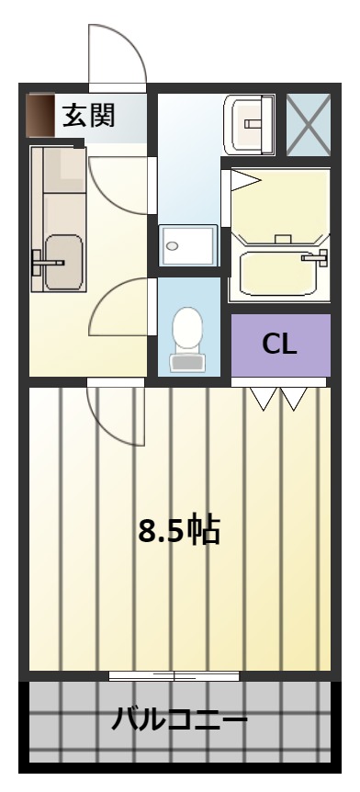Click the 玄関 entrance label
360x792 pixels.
[x=89, y=115]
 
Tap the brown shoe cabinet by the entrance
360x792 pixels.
[x=40, y=115]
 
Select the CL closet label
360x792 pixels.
[x=279, y=345]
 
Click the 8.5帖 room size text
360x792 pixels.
[x=179, y=530]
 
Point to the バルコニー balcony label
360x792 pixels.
[x=179, y=718]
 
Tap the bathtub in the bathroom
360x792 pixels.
[x=278, y=272]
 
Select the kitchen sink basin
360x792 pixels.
[x=63, y=263]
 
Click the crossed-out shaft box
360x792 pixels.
[x=309, y=125]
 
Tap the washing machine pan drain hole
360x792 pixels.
[x=173, y=246]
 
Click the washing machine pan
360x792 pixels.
[x=188, y=245]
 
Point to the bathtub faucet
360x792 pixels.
[x=315, y=257]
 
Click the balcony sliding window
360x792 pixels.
[x=174, y=676]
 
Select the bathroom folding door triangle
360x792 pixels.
[x=245, y=180]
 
